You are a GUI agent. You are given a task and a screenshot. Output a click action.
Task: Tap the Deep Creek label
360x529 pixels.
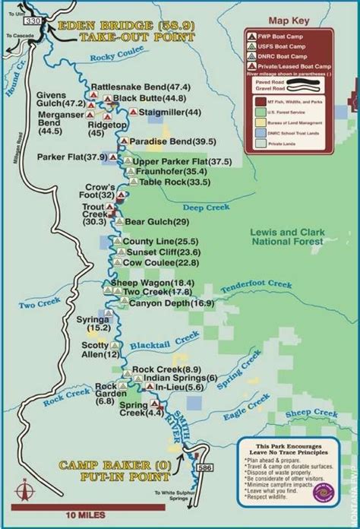204,207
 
